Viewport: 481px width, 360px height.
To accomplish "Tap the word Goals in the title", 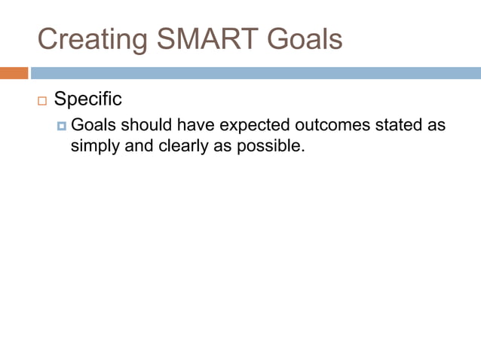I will point(299,39).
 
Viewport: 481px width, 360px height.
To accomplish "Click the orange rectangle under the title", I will point(14,73).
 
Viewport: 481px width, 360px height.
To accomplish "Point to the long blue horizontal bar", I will point(256,73).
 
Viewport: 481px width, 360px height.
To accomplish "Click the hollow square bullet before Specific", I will point(41,101).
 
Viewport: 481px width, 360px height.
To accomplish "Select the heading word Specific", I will point(87,99).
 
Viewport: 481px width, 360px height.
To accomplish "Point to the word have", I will point(195,124).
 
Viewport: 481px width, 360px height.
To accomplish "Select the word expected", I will point(254,124).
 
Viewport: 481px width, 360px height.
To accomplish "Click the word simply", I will point(95,145).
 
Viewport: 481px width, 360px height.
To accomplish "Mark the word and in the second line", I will point(139,145).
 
